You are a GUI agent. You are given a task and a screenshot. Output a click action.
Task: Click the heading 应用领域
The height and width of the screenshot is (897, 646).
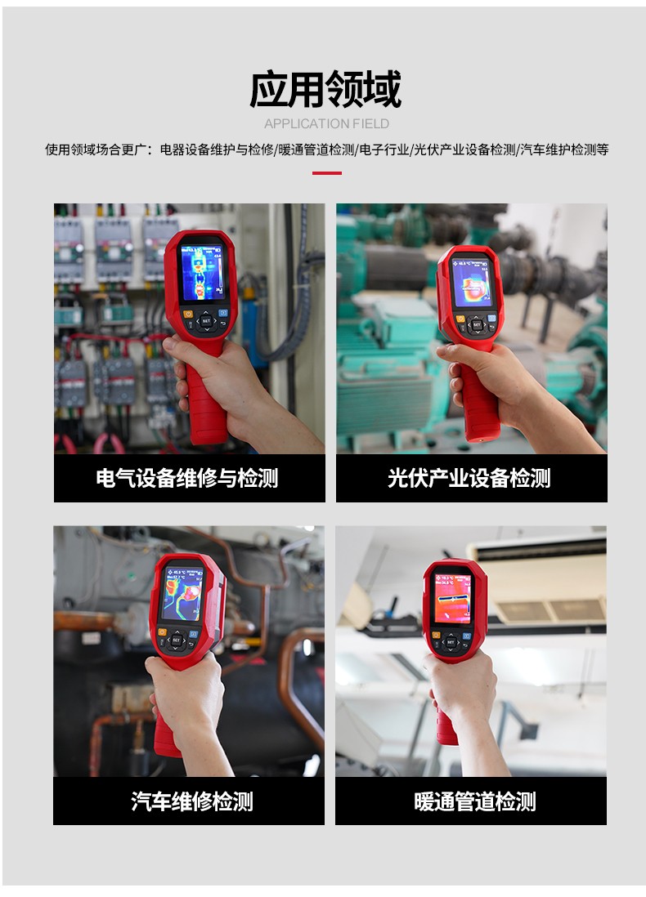point(325,89)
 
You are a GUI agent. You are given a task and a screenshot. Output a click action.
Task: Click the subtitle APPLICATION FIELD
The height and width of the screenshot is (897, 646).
point(326,124)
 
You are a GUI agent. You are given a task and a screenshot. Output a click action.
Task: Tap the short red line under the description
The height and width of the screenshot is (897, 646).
point(326,173)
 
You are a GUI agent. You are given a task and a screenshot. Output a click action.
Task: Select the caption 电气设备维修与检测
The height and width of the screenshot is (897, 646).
point(187,478)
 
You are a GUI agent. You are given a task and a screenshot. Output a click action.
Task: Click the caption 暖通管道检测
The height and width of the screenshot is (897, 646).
point(475,801)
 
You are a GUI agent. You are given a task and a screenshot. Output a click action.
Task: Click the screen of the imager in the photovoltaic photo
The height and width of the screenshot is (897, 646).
point(472,280)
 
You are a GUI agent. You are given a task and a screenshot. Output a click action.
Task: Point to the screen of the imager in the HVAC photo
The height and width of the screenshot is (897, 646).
point(452,596)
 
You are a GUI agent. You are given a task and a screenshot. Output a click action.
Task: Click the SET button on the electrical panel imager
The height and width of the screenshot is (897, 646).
point(205,321)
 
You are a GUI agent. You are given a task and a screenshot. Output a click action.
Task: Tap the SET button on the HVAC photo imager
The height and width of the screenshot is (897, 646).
point(450,642)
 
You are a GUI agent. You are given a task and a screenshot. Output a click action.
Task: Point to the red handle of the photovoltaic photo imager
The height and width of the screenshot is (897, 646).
point(479,400)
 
